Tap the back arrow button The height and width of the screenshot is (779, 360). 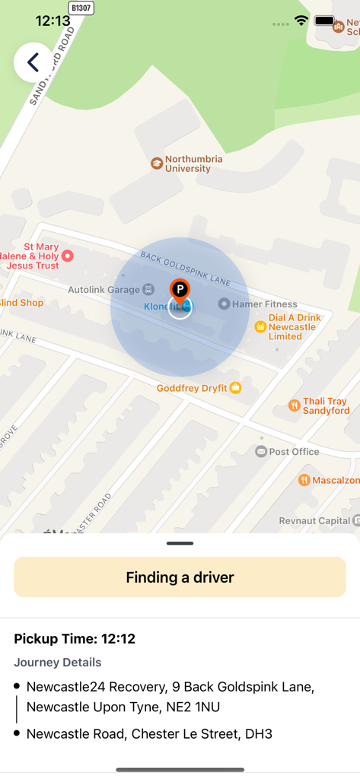pos(33,62)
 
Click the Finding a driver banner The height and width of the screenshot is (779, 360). pos(180,577)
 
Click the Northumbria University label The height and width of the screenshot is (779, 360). pos(193,164)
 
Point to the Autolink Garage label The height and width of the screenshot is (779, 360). pos(104,290)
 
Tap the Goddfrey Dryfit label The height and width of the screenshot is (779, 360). pos(192,388)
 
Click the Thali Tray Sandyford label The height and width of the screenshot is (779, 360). pos(325,405)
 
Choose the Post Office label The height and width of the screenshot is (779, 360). pos(294,451)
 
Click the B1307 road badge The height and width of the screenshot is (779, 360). pos(81,8)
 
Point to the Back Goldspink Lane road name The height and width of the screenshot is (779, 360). pos(185,269)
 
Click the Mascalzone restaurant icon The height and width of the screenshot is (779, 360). pos(304,480)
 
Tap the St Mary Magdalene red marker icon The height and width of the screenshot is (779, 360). pos(67,256)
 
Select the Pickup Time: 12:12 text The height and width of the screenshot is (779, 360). pos(75,639)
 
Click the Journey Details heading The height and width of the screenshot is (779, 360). pos(58,663)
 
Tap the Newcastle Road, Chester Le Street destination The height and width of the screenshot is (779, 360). pos(149,734)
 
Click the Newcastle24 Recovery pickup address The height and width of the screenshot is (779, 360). pos(170,697)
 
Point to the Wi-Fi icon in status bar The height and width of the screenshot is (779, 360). pos(301,21)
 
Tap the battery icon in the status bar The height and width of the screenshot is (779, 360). pos(325,21)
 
